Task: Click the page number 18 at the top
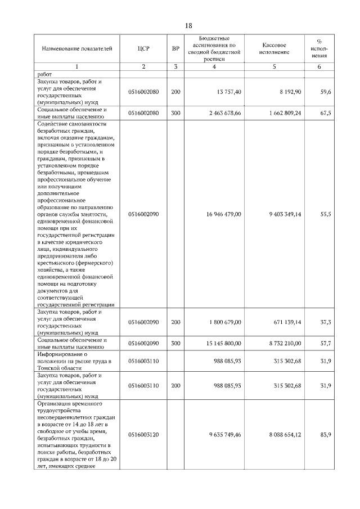pos(188,26)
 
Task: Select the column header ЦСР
pos(143,48)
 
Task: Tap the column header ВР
pos(175,48)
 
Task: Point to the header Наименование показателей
pos(73,48)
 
